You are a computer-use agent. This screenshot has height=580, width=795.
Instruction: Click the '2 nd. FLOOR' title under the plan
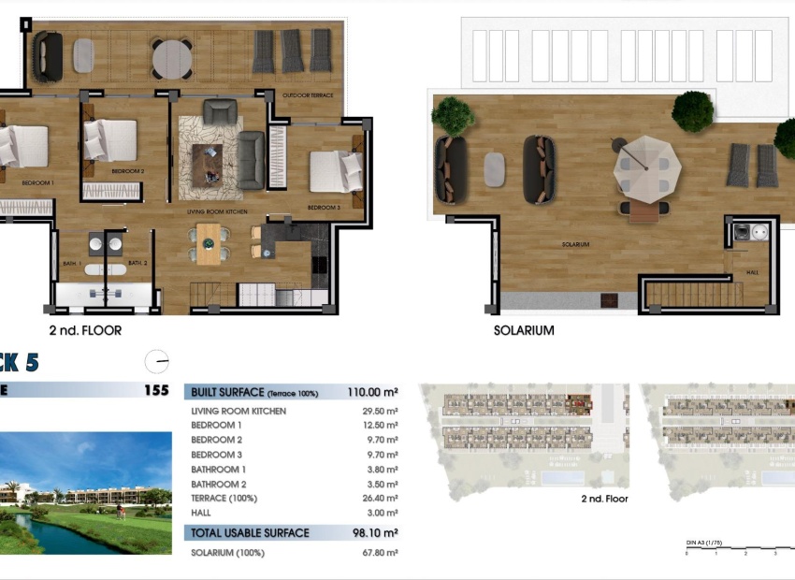tap(85, 330)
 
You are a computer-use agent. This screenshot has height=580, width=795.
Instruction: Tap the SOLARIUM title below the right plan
tap(524, 330)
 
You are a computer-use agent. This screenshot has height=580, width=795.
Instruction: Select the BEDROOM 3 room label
tap(324, 207)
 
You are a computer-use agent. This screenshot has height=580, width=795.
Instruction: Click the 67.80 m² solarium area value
tap(380, 553)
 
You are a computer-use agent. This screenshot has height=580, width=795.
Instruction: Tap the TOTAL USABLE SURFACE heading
tap(250, 533)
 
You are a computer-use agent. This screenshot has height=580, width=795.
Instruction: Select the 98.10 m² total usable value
tap(375, 533)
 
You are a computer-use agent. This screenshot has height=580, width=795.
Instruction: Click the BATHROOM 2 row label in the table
tap(219, 484)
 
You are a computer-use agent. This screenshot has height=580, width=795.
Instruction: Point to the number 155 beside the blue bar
tap(156, 391)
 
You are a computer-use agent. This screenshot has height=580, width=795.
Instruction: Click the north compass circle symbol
tap(157, 360)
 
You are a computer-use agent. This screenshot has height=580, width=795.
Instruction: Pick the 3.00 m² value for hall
tap(385, 513)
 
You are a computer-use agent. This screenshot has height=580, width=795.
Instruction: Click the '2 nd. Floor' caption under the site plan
tap(605, 500)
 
